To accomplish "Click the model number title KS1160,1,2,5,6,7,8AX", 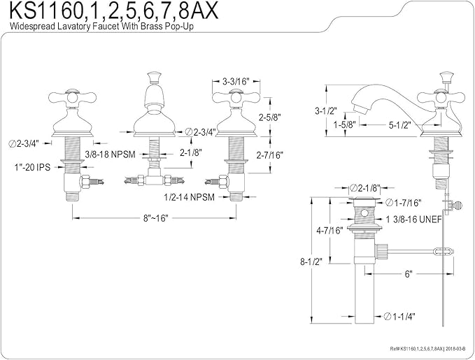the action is pos(114,11).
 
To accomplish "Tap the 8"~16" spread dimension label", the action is pos(155,218).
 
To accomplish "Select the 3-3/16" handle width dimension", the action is pos(236,82).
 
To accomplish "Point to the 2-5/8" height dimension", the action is pos(270,117).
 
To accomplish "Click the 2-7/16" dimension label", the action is pos(269,155).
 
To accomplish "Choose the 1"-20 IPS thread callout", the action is pos(32,167).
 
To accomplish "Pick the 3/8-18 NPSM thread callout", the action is pos(110,154).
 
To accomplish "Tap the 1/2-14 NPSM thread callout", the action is pos(190,197).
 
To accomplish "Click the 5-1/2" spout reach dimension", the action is pos(400,124).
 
